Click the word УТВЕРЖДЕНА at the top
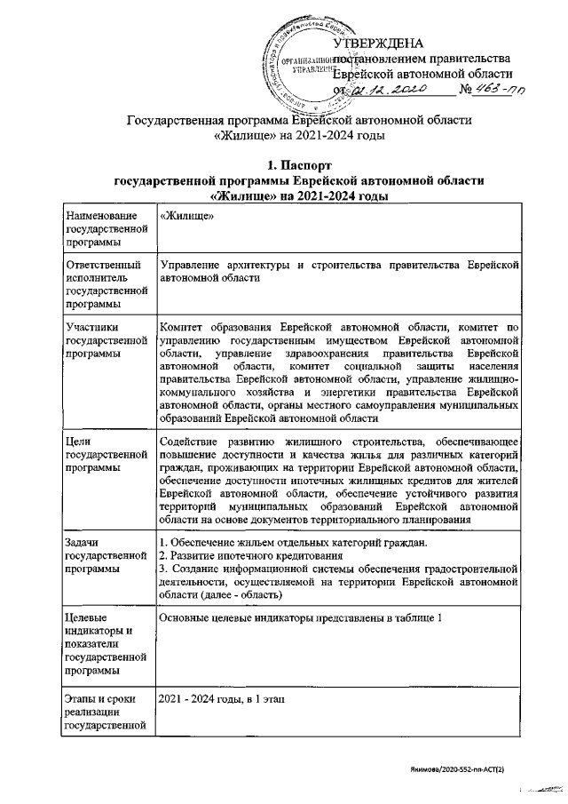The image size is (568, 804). (379, 44)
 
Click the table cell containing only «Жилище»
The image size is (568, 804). (184, 217)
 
